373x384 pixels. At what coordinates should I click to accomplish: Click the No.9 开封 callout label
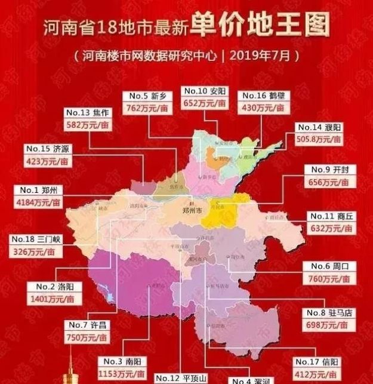point(329,170)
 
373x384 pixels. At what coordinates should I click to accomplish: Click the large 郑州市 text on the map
point(194,211)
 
